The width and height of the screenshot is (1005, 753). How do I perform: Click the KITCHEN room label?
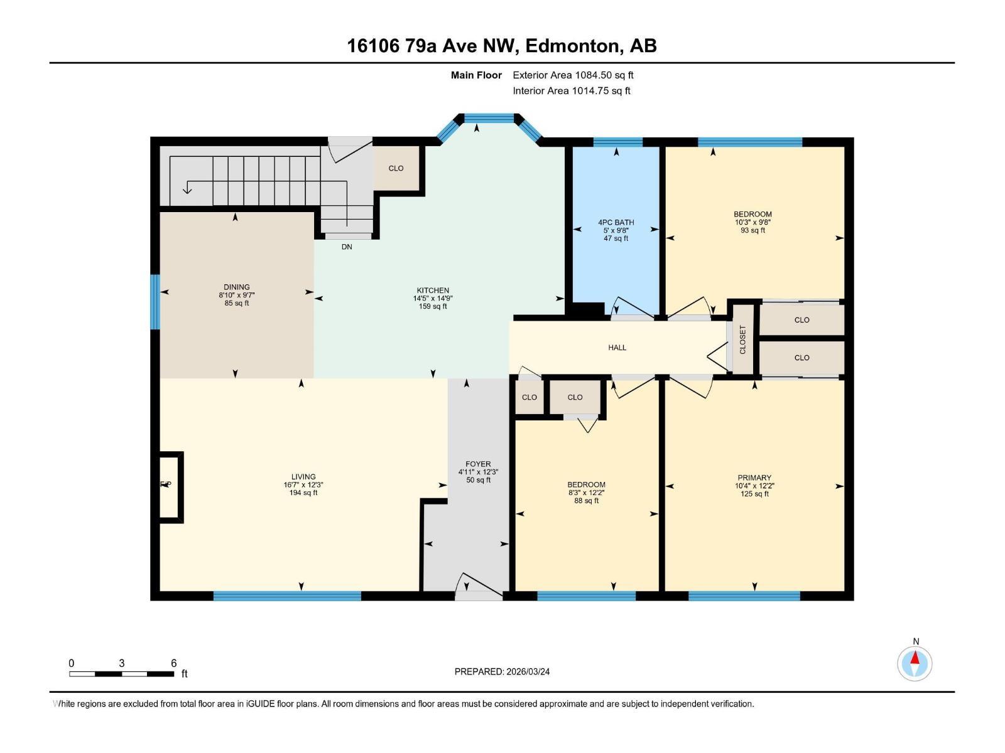point(433,291)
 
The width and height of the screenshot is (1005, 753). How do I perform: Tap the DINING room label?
point(236,287)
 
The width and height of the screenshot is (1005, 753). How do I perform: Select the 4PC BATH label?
point(616,222)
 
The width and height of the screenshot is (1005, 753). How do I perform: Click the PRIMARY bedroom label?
point(754,478)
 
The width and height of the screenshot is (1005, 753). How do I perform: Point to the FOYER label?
point(478,464)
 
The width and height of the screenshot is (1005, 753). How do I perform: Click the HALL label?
point(617,348)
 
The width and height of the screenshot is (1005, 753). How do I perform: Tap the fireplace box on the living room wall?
point(170,486)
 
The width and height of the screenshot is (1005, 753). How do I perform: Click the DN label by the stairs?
point(347,247)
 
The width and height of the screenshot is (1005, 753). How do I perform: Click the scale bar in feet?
point(122,673)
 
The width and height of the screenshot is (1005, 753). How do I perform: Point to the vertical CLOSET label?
point(742,339)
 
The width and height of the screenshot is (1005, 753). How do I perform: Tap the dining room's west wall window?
point(155,302)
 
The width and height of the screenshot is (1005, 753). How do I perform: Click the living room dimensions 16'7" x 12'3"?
point(303,484)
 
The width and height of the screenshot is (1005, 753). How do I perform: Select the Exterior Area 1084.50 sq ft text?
point(573,75)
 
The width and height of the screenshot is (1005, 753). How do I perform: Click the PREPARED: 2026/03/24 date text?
point(502,671)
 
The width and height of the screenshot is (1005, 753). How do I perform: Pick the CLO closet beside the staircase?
point(396,168)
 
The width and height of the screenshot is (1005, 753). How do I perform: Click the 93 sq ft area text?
point(752,230)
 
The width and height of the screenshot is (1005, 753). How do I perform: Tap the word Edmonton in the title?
point(571,46)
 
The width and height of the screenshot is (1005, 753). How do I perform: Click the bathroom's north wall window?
point(617,142)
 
